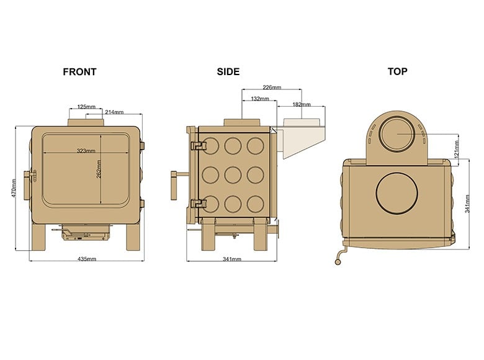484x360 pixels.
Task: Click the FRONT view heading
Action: click(x=79, y=71)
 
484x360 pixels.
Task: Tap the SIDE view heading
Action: click(x=228, y=71)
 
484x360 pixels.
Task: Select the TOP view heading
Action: click(x=397, y=71)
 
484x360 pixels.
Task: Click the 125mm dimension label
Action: click(x=86, y=107)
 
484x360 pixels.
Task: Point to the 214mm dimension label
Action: click(x=114, y=112)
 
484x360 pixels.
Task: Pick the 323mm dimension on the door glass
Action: click(x=86, y=151)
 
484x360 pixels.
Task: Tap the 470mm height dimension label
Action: click(x=12, y=189)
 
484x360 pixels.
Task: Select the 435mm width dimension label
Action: click(x=87, y=258)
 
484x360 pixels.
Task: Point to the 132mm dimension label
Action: click(x=259, y=99)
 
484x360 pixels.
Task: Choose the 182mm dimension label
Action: click(x=301, y=105)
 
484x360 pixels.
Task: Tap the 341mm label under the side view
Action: click(x=231, y=259)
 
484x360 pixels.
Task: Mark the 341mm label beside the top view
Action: click(x=468, y=203)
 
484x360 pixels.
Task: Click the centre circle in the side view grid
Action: click(x=233, y=174)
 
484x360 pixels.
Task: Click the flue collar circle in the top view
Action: click(x=397, y=135)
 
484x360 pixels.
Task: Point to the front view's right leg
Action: click(x=134, y=236)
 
